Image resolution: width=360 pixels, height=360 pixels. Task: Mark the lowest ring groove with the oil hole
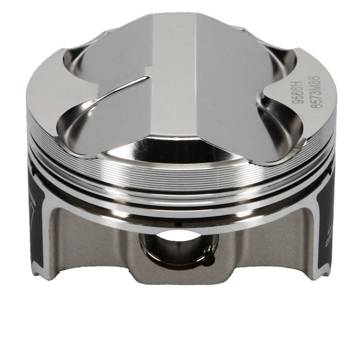coord(180,215)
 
